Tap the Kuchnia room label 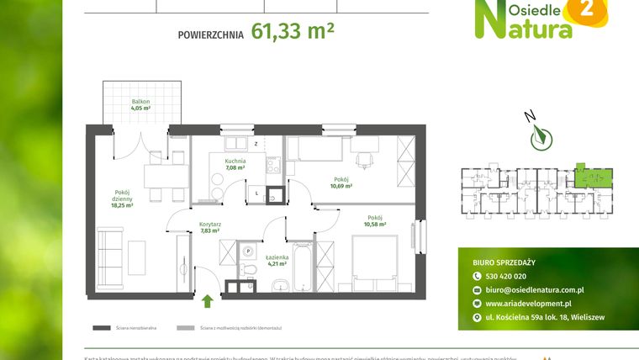pos(235,160)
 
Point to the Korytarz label pos(210,225)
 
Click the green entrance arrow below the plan pos(208,300)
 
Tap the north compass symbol pos(538,135)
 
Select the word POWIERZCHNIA pos(210,35)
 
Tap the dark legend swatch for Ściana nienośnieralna pos(102,327)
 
